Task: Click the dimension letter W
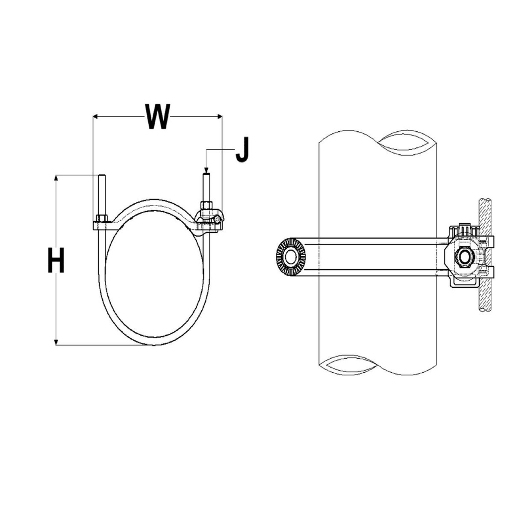pyautogui.click(x=158, y=116)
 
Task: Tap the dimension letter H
pyautogui.click(x=56, y=261)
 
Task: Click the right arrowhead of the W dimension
pyautogui.click(x=220, y=116)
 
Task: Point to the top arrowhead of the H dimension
pyautogui.click(x=56, y=177)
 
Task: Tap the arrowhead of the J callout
pyautogui.click(x=206, y=170)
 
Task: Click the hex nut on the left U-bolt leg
pyautogui.click(x=102, y=218)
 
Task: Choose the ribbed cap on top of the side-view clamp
pyautogui.click(x=463, y=230)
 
